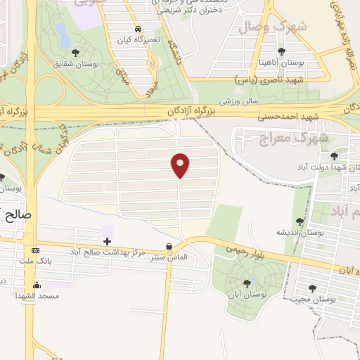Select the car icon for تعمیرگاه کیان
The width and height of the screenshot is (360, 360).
point(138,30)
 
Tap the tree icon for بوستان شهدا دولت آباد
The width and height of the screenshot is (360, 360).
point(333,155)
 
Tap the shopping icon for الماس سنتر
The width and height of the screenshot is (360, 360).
point(169,246)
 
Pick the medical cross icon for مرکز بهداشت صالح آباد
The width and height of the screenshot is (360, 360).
point(107,241)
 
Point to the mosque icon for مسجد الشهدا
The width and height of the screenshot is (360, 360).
point(37,285)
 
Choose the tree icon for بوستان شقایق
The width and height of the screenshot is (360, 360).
point(76,53)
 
